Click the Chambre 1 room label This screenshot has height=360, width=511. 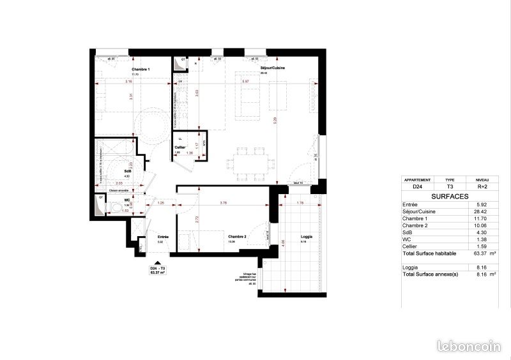pos(141,69)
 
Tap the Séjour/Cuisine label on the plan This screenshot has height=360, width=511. pos(272,68)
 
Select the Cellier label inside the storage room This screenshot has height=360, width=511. pos(180,147)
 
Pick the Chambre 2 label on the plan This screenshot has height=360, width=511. pos(237,237)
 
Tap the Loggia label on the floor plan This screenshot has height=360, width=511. pos(307,237)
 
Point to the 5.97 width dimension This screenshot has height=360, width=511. pos(245,82)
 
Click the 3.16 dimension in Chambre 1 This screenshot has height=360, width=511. pos(128,82)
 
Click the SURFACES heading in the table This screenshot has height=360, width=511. pos(451,197)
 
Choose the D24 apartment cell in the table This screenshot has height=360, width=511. pos(418,188)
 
